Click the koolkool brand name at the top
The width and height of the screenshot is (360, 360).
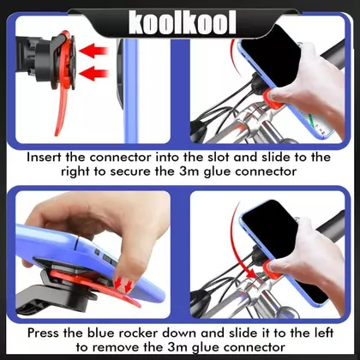[183, 22]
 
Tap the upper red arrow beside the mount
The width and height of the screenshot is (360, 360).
[93, 51]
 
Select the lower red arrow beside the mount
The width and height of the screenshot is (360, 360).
[93, 73]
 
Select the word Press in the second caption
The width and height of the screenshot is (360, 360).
[44, 333]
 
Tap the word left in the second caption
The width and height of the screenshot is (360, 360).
[321, 333]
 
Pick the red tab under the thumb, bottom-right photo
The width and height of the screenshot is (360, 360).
[272, 270]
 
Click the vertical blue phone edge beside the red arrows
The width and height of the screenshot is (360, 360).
[131, 91]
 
